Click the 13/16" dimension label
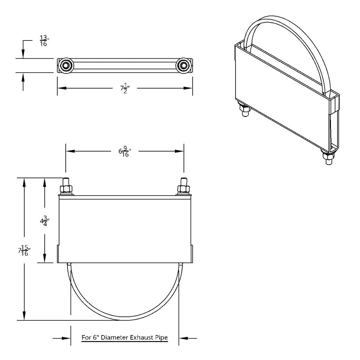44,41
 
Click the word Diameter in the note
115,338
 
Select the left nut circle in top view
65,65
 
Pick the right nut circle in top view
182,65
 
